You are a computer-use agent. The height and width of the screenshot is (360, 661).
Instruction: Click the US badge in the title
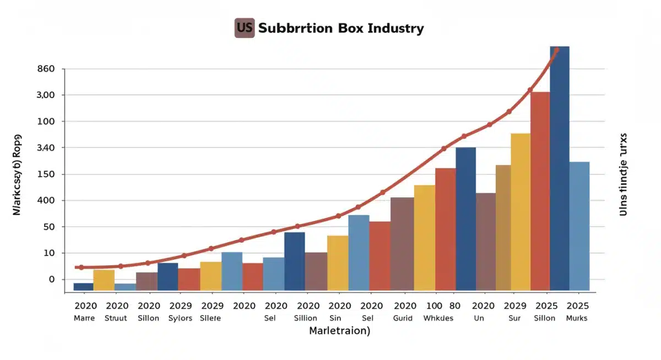tap(244, 28)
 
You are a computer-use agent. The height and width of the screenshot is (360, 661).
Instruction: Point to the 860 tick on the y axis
tap(46, 69)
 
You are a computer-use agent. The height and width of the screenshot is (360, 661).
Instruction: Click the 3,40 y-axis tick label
tap(46, 148)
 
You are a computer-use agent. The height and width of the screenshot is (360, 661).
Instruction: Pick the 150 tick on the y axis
tap(46, 174)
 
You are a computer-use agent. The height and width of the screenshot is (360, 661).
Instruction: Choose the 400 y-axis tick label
tap(46, 200)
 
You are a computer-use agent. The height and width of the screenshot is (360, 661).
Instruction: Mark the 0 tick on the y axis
tap(52, 280)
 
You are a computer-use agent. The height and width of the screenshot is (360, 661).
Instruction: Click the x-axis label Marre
tap(84, 318)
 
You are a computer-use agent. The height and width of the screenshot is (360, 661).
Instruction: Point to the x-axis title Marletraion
tap(339, 331)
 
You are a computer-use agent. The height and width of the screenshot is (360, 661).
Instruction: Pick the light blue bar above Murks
tap(579, 226)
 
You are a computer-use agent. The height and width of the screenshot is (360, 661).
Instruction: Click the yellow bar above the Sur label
tap(520, 212)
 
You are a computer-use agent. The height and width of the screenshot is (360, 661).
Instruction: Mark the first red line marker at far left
tap(82, 268)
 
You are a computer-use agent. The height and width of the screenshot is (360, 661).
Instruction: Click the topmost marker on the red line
tap(556, 50)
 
